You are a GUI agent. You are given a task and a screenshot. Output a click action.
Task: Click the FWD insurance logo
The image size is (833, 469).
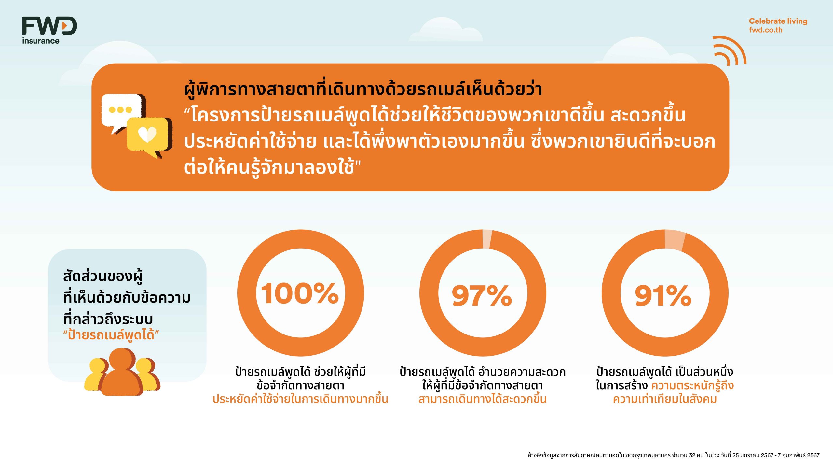pyautogui.click(x=49, y=30)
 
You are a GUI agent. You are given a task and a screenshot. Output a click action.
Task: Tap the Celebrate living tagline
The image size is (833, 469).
pyautogui.click(x=778, y=21)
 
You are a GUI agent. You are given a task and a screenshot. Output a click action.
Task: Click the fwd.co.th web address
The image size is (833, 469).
pyautogui.click(x=766, y=30)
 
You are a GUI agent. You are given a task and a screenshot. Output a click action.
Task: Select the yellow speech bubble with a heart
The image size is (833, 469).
pyautogui.click(x=148, y=136)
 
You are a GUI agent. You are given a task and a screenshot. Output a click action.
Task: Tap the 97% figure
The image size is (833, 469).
pyautogui.click(x=482, y=295)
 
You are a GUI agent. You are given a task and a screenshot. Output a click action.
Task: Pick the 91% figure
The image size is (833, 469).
pyautogui.click(x=663, y=295)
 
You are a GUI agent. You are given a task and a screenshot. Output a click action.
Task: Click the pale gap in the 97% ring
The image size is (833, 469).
pyautogui.click(x=487, y=239)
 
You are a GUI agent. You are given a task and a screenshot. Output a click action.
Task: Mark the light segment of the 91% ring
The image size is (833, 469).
pyautogui.click(x=675, y=240)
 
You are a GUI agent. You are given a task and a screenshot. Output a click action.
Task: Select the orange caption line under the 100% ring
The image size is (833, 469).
pyautogui.click(x=300, y=399)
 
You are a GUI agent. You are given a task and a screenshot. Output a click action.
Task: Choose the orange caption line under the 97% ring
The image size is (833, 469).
pyautogui.click(x=483, y=399)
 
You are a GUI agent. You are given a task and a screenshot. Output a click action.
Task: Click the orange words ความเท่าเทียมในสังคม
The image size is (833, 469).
pyautogui.click(x=665, y=399)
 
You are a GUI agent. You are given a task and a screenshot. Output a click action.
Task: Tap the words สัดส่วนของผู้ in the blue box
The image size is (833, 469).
pyautogui.click(x=103, y=277)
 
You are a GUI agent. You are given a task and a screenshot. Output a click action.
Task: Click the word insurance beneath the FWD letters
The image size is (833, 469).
pyautogui.click(x=41, y=41)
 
